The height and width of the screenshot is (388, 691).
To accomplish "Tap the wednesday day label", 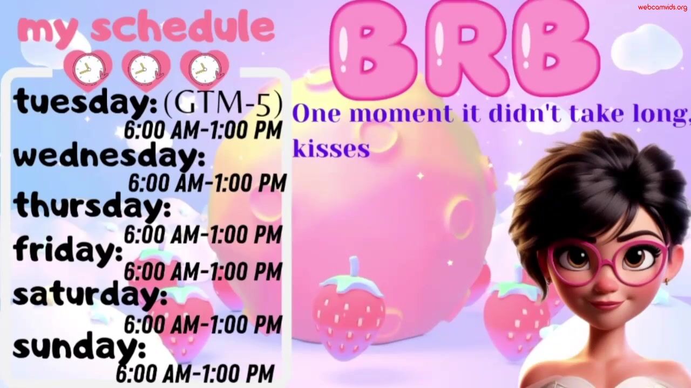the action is pos(109,157).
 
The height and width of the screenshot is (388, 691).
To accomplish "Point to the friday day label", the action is pos(68,251).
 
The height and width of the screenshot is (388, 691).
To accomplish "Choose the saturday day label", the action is pos(90,294).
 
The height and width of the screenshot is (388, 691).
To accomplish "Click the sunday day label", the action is pos(79,348).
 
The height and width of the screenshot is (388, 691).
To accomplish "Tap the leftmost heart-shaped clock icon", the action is pos(88,70).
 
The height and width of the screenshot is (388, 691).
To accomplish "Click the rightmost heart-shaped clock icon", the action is pos(205,70).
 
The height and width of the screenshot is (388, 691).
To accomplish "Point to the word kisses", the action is pos(331,149).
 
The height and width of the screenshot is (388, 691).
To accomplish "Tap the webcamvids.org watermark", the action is pos(662,7).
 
